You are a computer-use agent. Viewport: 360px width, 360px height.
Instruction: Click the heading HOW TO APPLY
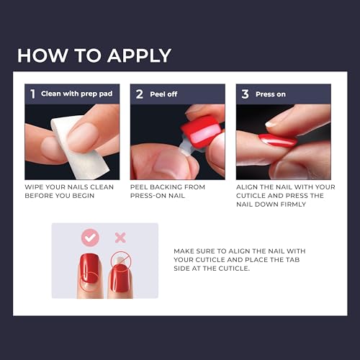[x=94, y=55]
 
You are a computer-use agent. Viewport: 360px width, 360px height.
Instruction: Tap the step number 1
[x=32, y=93]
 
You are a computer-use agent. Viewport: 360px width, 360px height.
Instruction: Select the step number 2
[x=138, y=93]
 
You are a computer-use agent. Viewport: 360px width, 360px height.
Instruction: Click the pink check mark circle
[x=90, y=237]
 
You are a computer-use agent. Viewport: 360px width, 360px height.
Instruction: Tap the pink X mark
[x=120, y=237]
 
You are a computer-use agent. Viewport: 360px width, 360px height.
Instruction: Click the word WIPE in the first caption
[x=35, y=187]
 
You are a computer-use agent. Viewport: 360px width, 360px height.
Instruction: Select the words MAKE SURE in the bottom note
[x=194, y=251]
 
